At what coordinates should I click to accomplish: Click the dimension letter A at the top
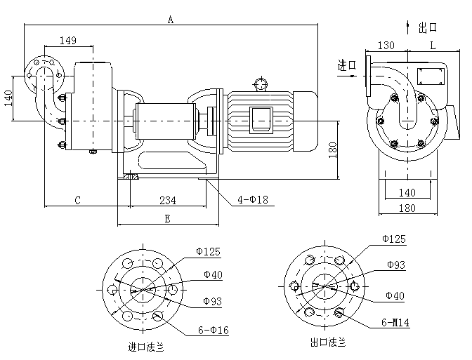pyautogui.click(x=171, y=20)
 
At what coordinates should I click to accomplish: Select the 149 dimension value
pyautogui.click(x=68, y=40)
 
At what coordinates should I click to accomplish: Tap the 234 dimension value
pyautogui.click(x=168, y=200)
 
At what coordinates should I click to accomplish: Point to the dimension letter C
pyautogui.click(x=78, y=200)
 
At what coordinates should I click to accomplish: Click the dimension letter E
pyautogui.click(x=168, y=219)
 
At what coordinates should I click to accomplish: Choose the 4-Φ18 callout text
pyautogui.click(x=253, y=199)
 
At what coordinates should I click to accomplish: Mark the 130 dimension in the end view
pyautogui.click(x=386, y=46)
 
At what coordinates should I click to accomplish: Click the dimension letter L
pyautogui.click(x=433, y=46)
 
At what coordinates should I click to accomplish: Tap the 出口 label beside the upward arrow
pyautogui.click(x=428, y=27)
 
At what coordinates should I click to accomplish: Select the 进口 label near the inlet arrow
pyautogui.click(x=347, y=65)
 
